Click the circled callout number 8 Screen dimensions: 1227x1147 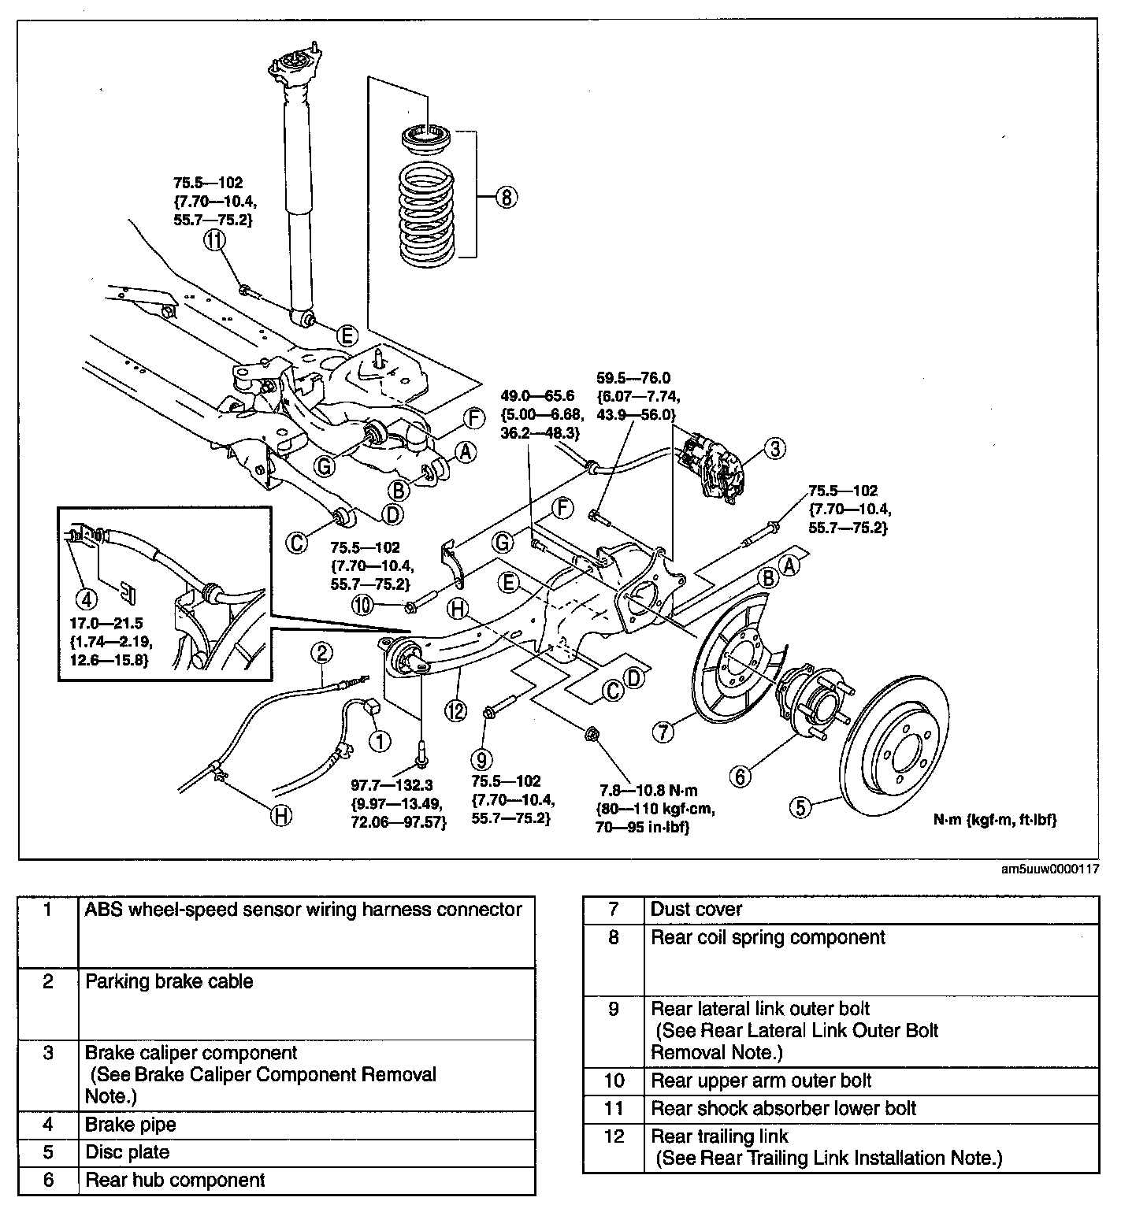click(x=506, y=197)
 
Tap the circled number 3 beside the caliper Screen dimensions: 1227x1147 click(x=775, y=449)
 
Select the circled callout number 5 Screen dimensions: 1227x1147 click(x=800, y=806)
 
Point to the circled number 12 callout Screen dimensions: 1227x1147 click(x=455, y=710)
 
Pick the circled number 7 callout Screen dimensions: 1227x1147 click(x=663, y=732)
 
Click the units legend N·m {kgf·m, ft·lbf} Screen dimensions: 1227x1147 click(x=995, y=820)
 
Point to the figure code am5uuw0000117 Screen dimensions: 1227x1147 click(x=1049, y=870)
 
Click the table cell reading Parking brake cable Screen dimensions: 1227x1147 click(x=169, y=981)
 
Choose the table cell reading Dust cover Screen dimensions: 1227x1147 click(x=696, y=910)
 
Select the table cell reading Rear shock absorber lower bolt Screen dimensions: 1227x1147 click(x=784, y=1109)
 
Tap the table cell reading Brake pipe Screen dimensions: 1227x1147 click(x=131, y=1125)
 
